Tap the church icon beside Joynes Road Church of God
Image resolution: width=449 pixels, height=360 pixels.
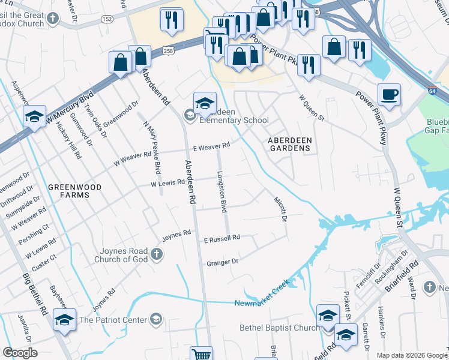[156, 254]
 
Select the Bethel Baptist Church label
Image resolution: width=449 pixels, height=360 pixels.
[280, 328]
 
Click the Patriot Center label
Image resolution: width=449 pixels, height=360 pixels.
[113, 320]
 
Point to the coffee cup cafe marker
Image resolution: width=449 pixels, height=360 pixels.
[389, 94]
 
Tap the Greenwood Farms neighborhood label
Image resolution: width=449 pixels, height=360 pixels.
[75, 191]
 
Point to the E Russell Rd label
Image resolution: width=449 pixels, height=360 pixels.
[221, 238]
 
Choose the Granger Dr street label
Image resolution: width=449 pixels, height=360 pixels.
[222, 262]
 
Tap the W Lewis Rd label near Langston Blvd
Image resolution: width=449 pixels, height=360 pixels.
[167, 182]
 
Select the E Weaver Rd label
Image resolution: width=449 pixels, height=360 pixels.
[211, 146]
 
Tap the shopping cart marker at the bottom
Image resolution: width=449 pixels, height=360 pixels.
[201, 355]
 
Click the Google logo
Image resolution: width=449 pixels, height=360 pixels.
[20, 353]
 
